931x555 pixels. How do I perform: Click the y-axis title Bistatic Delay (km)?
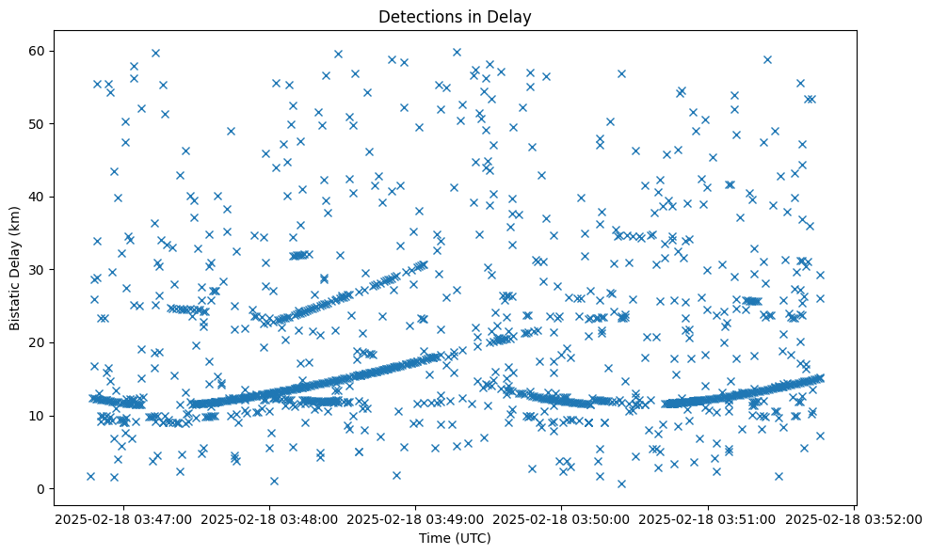click(x=15, y=267)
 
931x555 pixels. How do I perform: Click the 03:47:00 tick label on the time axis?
click(x=123, y=518)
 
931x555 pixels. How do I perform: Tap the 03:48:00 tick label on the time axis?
click(x=270, y=518)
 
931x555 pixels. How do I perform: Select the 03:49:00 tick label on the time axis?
click(x=416, y=518)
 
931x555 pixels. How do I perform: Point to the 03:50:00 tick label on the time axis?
click(x=562, y=518)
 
